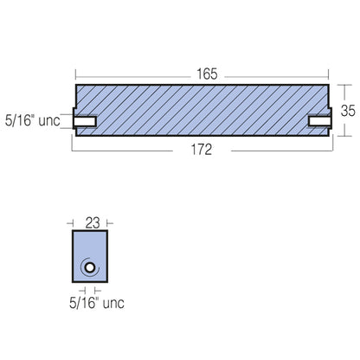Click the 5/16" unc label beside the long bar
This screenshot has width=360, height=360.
point(32,120)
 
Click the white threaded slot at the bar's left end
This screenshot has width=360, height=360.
point(86,120)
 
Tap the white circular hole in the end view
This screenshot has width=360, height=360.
point(88,269)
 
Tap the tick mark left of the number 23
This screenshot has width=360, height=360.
point(73,222)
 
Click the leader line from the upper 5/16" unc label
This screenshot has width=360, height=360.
point(67,120)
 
